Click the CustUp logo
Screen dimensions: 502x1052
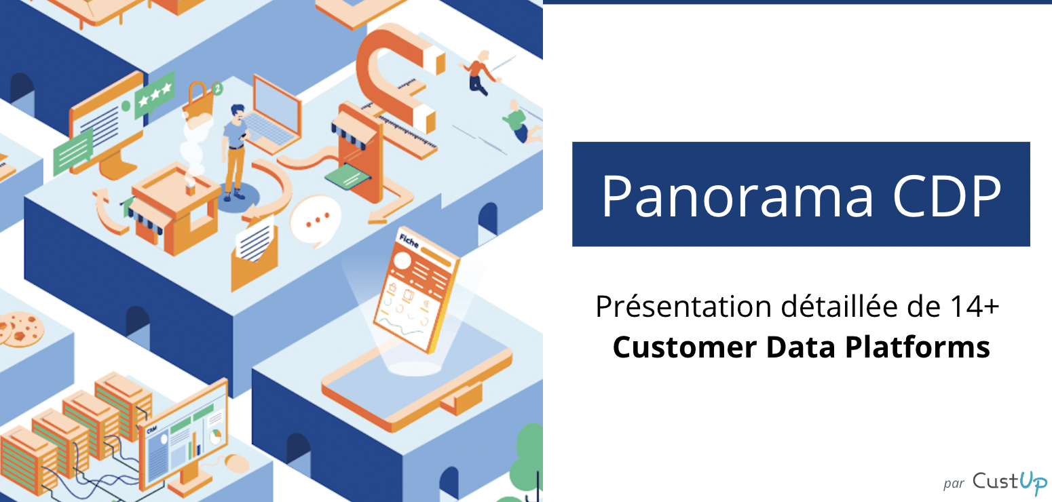(x=1009, y=482)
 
